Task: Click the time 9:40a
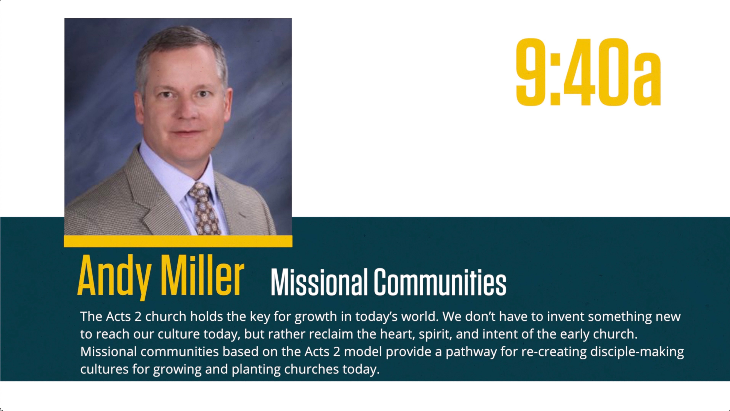(588, 72)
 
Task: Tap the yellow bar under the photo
(178, 241)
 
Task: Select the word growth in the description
(316, 317)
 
